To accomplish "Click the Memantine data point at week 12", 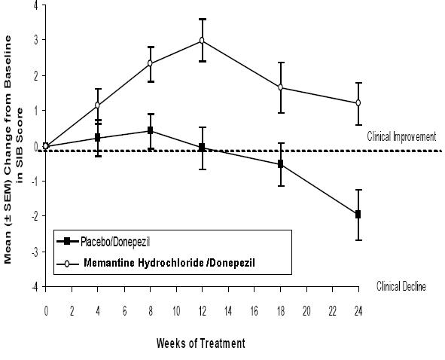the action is click(202, 41).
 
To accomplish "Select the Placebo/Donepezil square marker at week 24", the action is click(358, 215).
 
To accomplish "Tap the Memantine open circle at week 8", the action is click(150, 63).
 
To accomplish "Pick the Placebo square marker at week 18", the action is click(280, 164).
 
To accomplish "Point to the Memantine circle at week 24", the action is click(358, 102).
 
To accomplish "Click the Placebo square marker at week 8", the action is click(150, 130).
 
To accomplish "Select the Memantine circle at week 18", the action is click(280, 87).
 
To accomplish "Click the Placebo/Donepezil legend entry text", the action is click(115, 243).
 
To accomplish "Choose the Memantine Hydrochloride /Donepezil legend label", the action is click(169, 263).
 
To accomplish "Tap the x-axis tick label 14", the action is click(228, 312).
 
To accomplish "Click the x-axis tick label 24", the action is click(358, 312).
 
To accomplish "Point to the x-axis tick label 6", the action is click(124, 312).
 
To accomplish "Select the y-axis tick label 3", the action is click(36, 40).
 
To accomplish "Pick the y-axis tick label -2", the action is click(35, 216).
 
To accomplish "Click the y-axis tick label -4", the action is click(35, 287).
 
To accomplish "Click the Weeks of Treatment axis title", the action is click(200, 343).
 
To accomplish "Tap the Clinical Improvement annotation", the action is click(401, 136).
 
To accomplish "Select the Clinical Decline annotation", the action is click(401, 286).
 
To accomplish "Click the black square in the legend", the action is click(67, 242).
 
